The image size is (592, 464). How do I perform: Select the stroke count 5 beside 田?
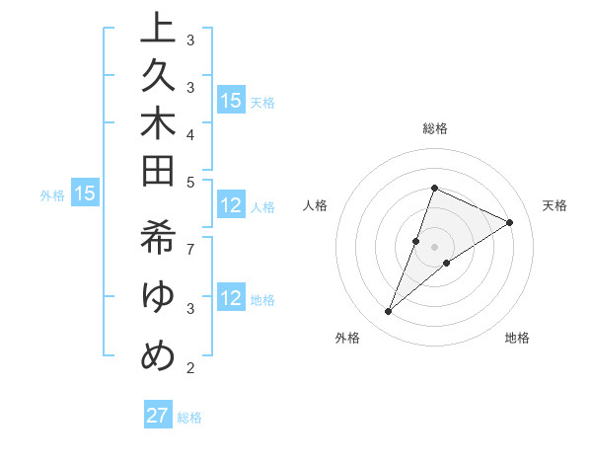[189, 182]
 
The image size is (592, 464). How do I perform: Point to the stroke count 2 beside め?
[189, 368]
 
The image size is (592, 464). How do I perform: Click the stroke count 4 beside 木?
[189, 134]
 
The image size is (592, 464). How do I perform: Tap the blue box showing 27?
[158, 416]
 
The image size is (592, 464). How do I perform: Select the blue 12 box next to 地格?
[231, 298]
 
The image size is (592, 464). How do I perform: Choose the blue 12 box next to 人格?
[231, 205]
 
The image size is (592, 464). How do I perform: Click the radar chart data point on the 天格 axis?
[510, 222]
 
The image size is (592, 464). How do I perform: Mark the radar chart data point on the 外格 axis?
[389, 312]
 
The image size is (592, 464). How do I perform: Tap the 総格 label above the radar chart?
[435, 128]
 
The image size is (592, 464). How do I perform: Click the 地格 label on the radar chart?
[517, 338]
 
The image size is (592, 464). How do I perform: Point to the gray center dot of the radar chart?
[435, 247]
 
